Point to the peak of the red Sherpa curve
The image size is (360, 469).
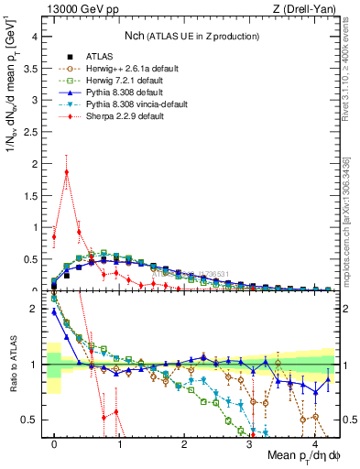point(67,171)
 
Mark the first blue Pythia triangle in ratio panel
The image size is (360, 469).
point(54,311)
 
